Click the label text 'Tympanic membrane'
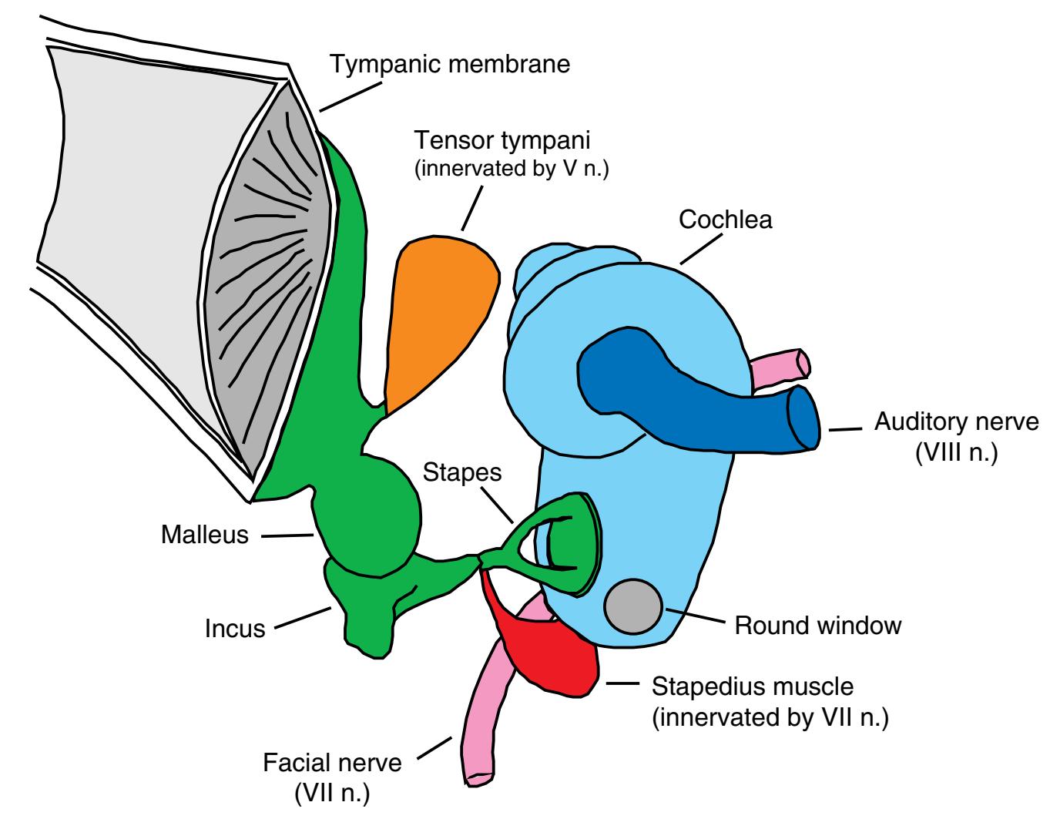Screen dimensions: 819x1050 coord(451,63)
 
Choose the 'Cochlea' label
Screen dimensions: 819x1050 coord(725,220)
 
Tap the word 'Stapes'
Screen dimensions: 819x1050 coord(462,472)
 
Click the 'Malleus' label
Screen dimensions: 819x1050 coord(205,535)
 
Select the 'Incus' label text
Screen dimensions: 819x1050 coord(235,629)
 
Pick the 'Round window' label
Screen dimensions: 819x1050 coord(817,625)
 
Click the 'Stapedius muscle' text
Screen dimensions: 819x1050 coord(753,686)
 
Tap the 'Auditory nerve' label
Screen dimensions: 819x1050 coord(956,422)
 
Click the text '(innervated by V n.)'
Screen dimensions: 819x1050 coord(512,170)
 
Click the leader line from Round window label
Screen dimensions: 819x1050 coord(693,616)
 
